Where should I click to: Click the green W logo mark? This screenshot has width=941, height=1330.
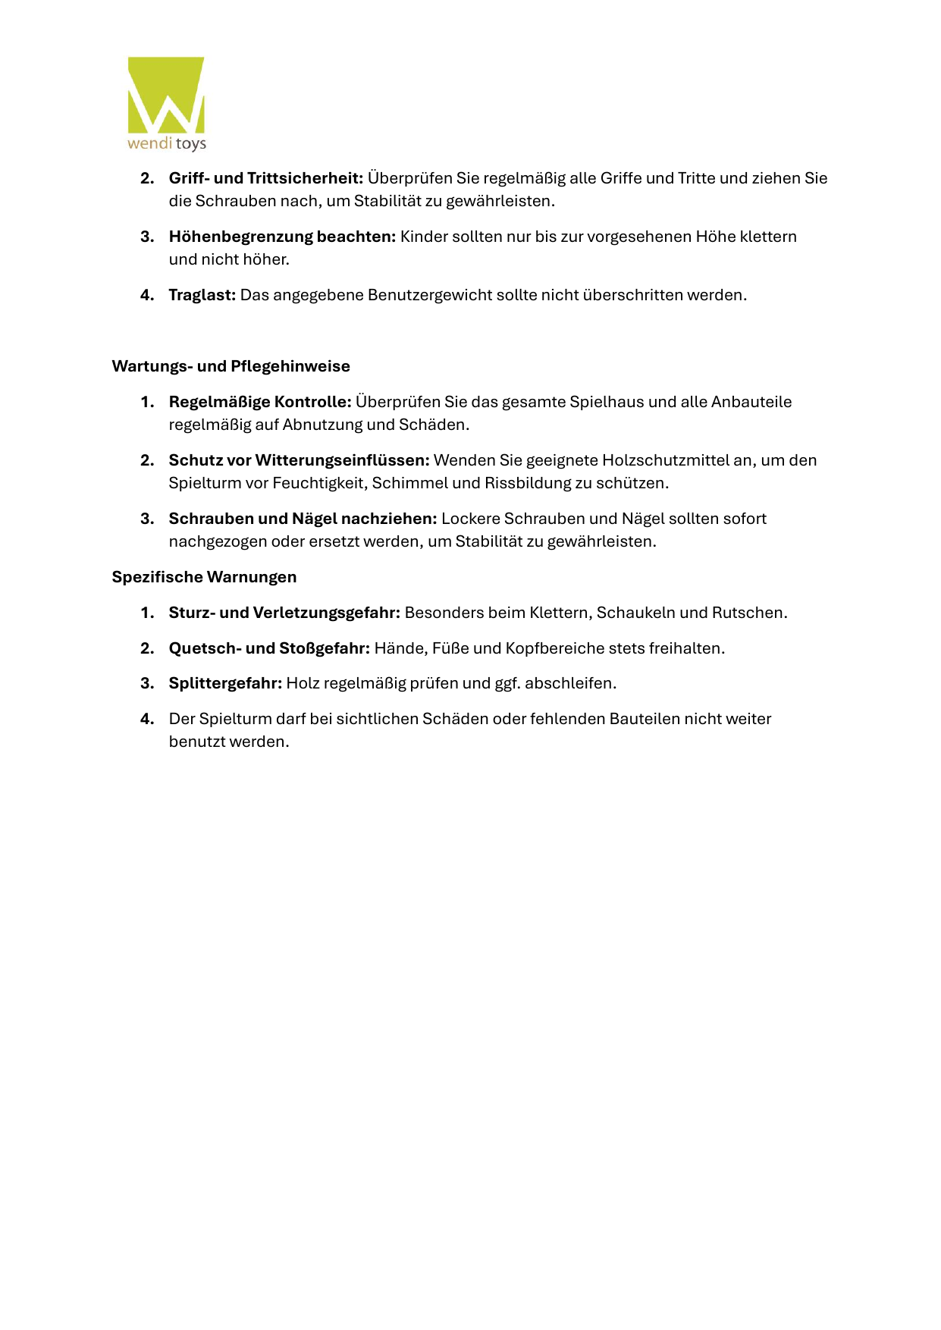click(x=166, y=95)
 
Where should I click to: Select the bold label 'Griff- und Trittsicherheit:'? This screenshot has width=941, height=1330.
click(x=265, y=178)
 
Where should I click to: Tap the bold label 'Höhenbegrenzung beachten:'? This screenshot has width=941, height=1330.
click(x=282, y=237)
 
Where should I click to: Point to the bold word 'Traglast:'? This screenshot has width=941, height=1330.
click(x=202, y=295)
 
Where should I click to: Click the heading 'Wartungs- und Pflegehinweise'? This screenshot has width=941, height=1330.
click(x=231, y=366)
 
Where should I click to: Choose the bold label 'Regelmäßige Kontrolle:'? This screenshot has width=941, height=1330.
click(x=260, y=402)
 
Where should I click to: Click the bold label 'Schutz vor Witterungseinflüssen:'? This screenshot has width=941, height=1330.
click(x=299, y=460)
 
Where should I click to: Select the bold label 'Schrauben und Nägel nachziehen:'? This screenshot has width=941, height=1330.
click(x=303, y=519)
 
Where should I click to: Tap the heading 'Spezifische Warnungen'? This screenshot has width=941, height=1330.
click(x=204, y=577)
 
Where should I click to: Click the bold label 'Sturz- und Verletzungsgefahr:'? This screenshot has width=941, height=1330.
click(x=284, y=613)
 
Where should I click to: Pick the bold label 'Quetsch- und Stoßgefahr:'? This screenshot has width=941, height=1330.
click(x=269, y=648)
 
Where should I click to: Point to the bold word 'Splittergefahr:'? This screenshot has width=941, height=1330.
click(x=225, y=683)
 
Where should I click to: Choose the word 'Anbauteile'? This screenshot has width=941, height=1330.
click(x=751, y=402)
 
